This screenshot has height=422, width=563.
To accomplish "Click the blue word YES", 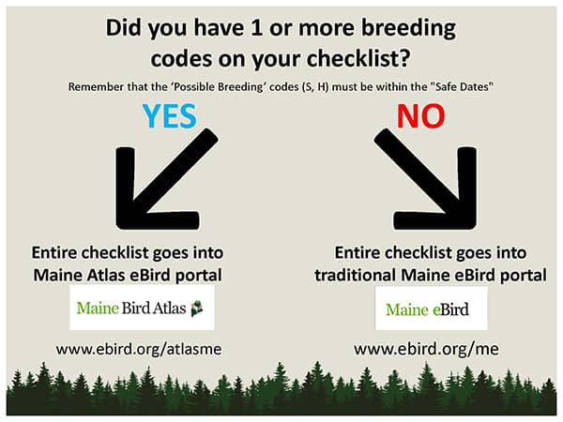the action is coord(170,115).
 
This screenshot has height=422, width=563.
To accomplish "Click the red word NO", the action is coord(420,115).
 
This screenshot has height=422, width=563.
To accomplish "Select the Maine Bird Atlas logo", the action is coord(142,308).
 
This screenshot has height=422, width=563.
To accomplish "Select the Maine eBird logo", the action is coord(431,309).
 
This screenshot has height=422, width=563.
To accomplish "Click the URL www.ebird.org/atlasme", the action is coord(139,349).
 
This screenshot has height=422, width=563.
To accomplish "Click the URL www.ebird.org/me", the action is coord(426,349).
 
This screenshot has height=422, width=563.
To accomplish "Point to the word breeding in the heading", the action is coord(408,29).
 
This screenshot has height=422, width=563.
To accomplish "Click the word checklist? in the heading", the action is coord(358,58).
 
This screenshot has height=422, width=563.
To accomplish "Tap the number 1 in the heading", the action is coord(256,27).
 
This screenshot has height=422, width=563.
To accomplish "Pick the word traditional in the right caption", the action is coord(356,275).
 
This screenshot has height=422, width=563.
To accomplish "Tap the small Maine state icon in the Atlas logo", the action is coord(197,309).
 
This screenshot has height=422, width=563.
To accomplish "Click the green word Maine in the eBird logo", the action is coord(407,309).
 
